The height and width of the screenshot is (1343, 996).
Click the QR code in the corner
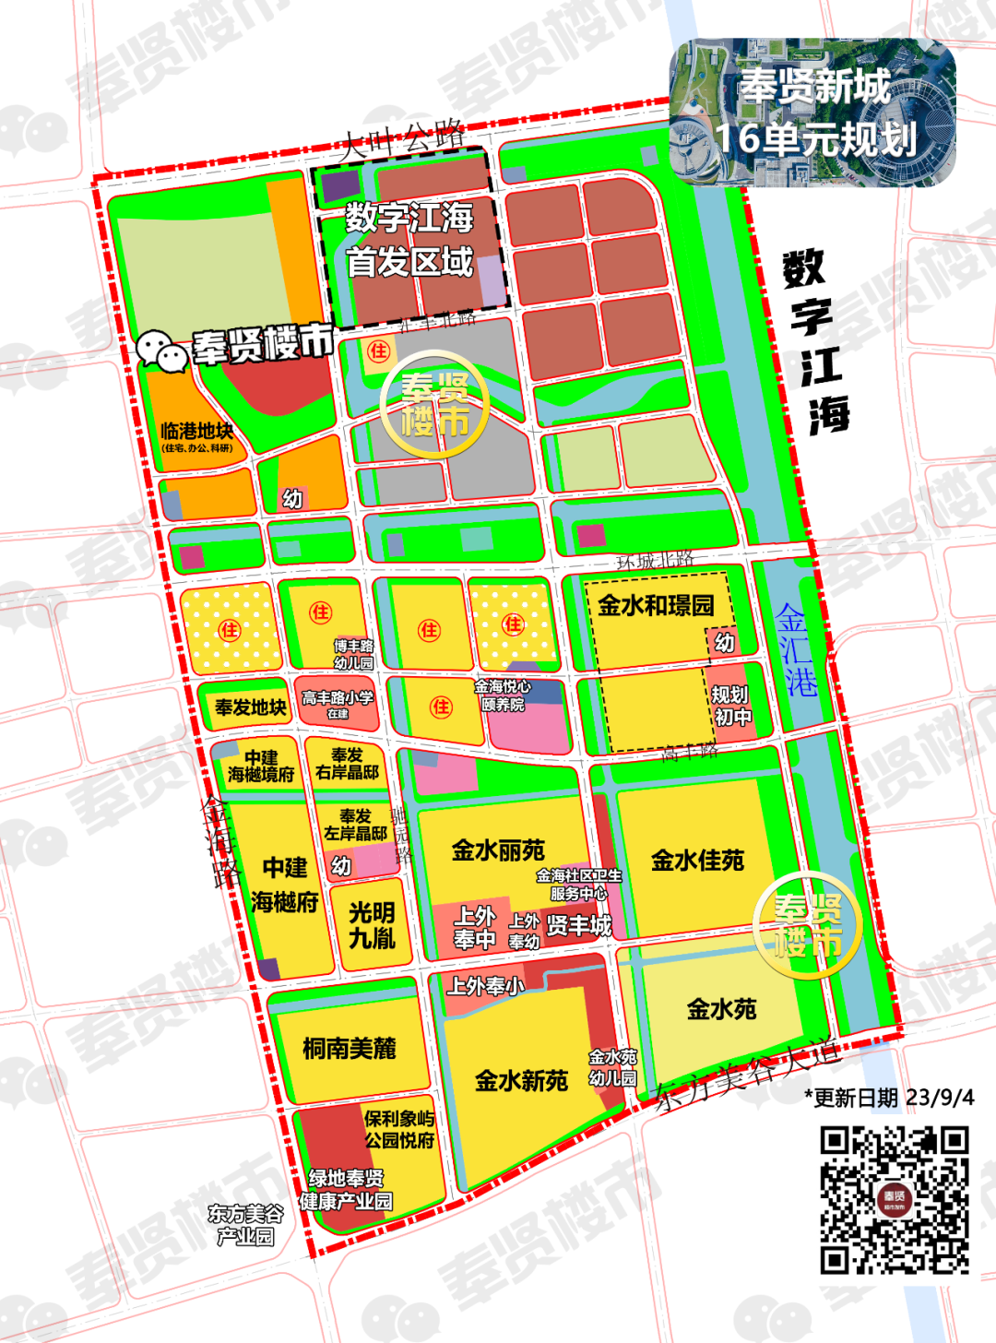coord(894,1200)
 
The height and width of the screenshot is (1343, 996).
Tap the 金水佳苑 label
coord(697,861)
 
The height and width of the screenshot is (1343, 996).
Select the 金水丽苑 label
coord(498,850)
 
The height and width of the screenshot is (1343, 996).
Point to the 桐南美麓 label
coord(350,1048)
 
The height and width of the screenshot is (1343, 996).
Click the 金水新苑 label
coord(521,1080)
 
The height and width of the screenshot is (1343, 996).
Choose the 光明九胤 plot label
coord(372,925)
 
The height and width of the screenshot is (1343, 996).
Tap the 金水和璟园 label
coord(656,605)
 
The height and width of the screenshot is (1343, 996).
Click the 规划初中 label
coord(730,706)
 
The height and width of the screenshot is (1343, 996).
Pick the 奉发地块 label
coord(250,707)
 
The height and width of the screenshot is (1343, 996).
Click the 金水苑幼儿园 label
coord(612,1067)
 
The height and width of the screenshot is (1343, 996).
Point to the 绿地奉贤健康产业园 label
coord(346,1189)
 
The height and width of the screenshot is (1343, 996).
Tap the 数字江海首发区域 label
coord(409,240)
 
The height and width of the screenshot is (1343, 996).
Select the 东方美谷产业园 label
coord(245,1225)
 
